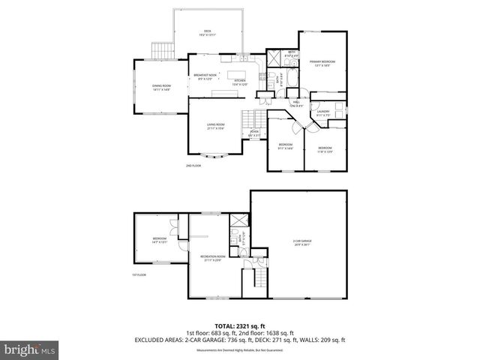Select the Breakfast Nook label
coord(205,76)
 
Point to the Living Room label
coord(217,126)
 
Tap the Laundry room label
coord(322,113)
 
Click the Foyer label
coord(255,133)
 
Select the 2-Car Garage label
coord(301,242)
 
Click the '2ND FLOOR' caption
coord(193,165)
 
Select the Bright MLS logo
coord(28,349)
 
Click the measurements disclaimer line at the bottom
coord(240,350)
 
